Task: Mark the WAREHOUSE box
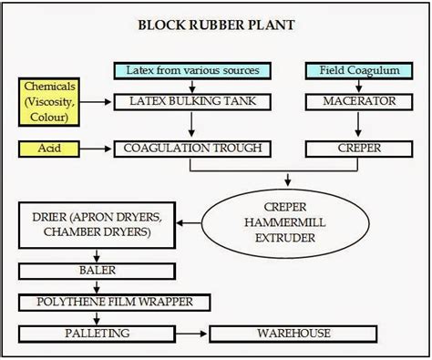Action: [293, 334]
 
